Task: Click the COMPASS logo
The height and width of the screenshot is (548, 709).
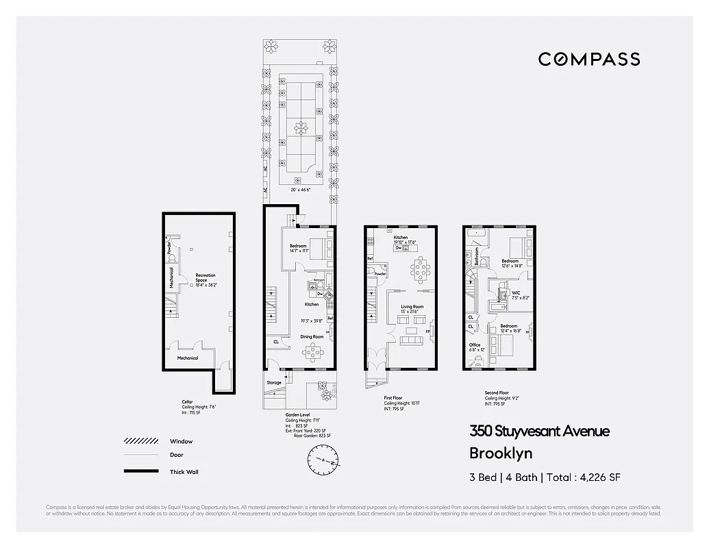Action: pyautogui.click(x=589, y=59)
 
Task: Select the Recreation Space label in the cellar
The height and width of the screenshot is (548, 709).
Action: pyautogui.click(x=201, y=277)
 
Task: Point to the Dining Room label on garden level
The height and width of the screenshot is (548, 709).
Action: pyautogui.click(x=312, y=336)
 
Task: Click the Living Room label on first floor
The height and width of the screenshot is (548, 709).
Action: pyautogui.click(x=412, y=308)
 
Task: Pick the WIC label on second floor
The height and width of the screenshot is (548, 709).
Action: pyautogui.click(x=516, y=292)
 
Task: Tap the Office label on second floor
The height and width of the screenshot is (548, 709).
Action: pyautogui.click(x=474, y=345)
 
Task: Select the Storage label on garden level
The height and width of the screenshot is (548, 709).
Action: pyautogui.click(x=274, y=382)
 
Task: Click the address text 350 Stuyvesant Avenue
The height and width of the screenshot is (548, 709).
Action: pyautogui.click(x=539, y=431)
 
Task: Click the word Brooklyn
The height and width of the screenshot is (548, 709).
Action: pyautogui.click(x=500, y=453)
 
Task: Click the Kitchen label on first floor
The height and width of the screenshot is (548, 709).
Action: pyautogui.click(x=400, y=238)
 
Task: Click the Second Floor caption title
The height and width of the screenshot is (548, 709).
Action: pyautogui.click(x=497, y=393)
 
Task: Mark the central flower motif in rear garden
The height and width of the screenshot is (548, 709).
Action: pyautogui.click(x=299, y=127)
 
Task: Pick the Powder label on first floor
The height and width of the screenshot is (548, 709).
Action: pyautogui.click(x=380, y=274)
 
